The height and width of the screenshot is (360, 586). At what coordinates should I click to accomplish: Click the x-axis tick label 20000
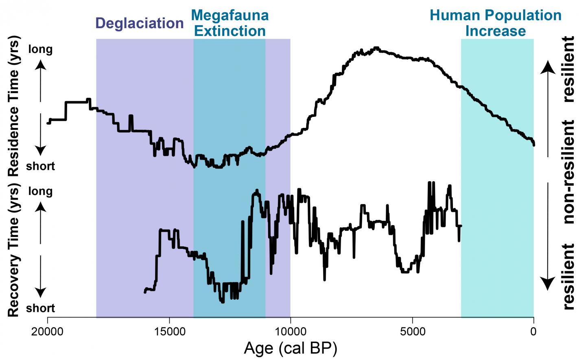[48, 331]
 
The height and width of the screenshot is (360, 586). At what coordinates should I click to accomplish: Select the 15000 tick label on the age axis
[169, 331]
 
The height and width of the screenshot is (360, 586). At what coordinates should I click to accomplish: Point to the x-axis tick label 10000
[291, 331]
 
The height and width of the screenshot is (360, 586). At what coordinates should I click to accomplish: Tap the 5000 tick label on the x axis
[412, 331]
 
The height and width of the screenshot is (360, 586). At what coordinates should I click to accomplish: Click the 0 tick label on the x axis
[533, 331]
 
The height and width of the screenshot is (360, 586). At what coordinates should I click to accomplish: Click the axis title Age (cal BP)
[291, 348]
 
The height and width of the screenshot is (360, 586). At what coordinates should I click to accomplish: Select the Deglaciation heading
[140, 23]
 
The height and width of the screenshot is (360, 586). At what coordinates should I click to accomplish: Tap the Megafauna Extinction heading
[230, 23]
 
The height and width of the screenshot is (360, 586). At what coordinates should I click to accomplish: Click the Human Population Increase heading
[496, 23]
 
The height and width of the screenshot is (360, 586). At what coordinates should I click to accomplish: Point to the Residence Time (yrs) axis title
[13, 106]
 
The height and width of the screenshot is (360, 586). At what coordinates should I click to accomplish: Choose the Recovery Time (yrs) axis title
[13, 250]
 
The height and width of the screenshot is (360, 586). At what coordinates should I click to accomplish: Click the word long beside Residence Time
[40, 49]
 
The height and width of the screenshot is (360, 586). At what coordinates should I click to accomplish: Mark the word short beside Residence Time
[40, 166]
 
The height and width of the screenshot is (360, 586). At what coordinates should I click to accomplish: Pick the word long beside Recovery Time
[40, 191]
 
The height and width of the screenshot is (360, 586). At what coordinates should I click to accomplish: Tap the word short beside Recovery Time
[40, 308]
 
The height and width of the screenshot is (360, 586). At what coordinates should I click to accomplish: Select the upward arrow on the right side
[548, 108]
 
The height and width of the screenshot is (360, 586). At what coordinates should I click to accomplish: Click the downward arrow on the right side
[548, 236]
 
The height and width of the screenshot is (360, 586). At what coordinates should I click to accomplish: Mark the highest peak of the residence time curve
[376, 48]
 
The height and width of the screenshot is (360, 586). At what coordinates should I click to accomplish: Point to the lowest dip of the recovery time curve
[222, 302]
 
